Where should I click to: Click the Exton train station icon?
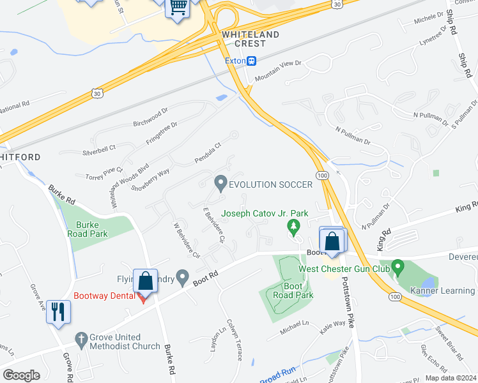pos(252,61)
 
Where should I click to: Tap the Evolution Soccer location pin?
pos(220,184)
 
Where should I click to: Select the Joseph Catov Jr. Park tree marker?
pos(293,225)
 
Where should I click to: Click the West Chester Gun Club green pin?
pos(397,264)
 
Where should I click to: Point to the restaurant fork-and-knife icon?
pos(58,312)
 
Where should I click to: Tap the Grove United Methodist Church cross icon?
pos(81,338)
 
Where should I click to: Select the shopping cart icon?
pos(178,8)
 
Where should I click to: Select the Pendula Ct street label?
pos(208,153)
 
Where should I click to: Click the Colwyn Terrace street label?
pos(233,340)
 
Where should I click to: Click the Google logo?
pos(22,375)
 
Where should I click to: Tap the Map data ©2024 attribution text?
pos(451,378)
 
